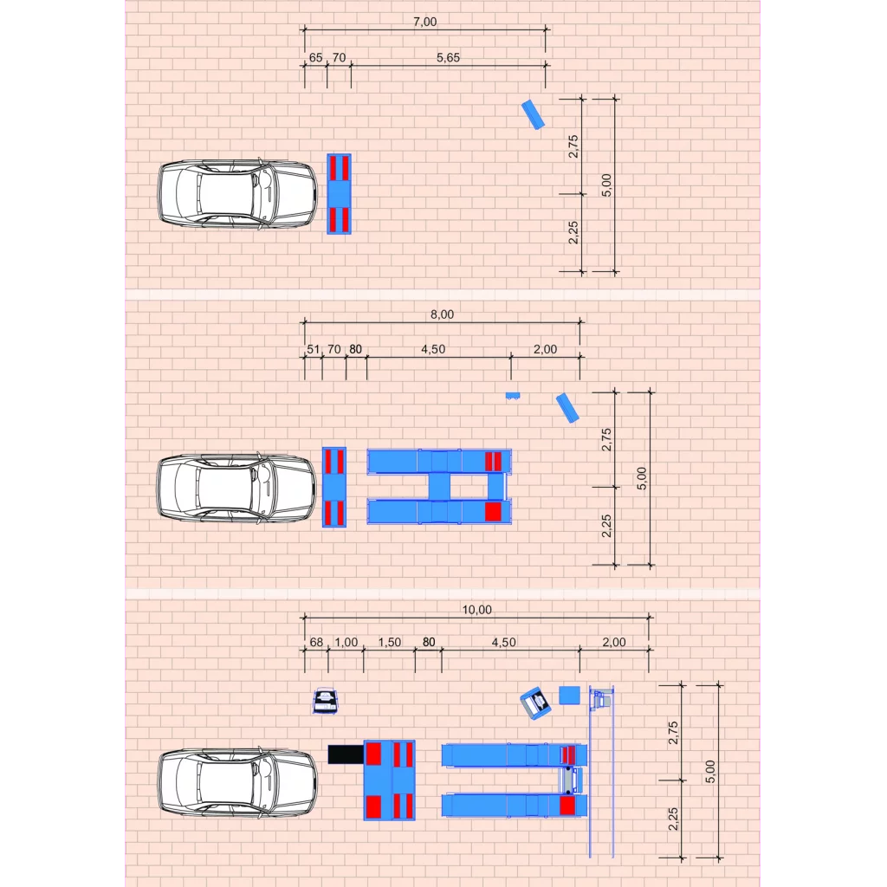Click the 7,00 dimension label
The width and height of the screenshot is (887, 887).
424,22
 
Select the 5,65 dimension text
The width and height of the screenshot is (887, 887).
448,57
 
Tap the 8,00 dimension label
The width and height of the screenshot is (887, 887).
442,314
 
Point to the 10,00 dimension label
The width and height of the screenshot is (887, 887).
477,609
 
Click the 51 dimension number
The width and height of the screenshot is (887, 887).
313,349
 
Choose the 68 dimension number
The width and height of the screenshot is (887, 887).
316,642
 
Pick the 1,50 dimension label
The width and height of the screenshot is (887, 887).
389,642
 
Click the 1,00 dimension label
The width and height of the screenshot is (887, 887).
346,642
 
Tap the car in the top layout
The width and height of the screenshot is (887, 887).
237,194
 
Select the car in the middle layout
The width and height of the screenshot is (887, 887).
236,487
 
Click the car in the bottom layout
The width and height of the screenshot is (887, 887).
237,782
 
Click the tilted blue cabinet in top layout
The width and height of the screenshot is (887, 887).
533,115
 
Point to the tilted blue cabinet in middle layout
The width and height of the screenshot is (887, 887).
567,409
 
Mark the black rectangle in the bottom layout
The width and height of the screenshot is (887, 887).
346,754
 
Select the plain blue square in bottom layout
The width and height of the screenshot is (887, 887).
570,696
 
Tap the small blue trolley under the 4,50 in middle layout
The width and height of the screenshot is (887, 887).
513,396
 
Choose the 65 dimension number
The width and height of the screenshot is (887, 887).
315,57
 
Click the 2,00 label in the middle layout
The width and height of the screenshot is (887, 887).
546,349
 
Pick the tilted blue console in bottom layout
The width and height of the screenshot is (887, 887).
535,703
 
